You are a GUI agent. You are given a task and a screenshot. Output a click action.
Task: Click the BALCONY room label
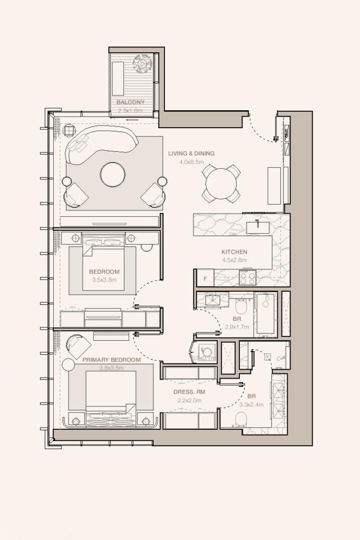click(x=131, y=102)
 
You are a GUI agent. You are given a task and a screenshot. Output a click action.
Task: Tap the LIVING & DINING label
click(x=191, y=153)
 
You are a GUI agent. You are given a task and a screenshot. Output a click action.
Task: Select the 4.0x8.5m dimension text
click(x=191, y=162)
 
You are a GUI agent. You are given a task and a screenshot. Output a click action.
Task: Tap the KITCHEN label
click(x=234, y=252)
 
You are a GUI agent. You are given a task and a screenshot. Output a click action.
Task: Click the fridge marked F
click(x=205, y=277)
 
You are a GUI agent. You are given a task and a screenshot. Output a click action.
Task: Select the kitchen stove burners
click(x=247, y=277)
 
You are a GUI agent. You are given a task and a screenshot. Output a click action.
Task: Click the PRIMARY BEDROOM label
click(x=111, y=360)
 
